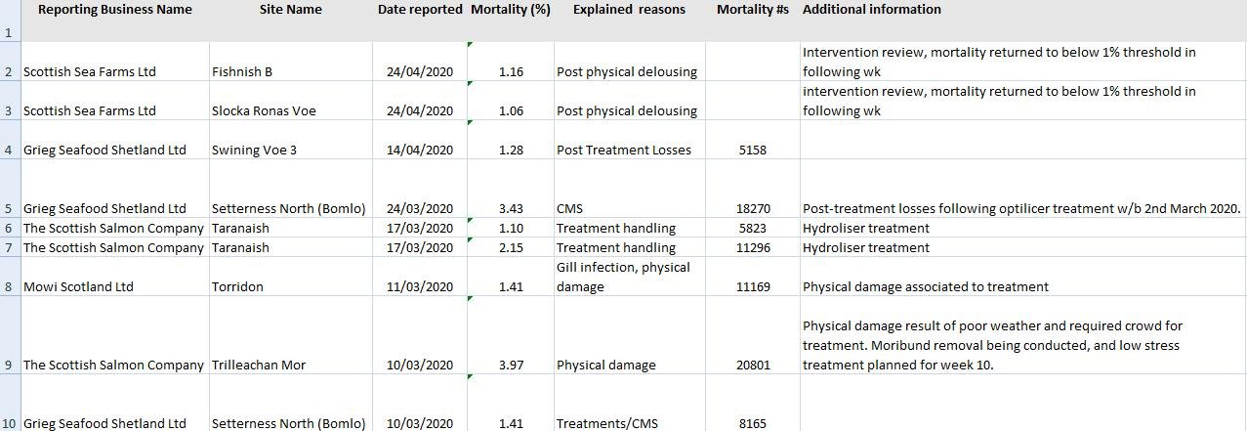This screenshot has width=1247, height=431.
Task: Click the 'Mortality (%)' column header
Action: coord(510,10)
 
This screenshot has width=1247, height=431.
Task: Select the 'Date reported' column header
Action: coord(420,10)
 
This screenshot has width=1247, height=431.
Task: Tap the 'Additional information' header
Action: coord(871,10)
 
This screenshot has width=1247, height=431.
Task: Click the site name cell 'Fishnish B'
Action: coord(242,72)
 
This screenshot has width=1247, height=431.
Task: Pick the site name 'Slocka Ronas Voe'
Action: coord(264,111)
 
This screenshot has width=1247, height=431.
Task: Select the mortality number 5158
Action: coord(752,151)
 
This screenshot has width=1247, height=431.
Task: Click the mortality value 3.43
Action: coord(511,209)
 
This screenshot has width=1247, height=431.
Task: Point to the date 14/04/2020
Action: coord(420,151)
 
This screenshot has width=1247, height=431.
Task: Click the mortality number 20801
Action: coord(752,366)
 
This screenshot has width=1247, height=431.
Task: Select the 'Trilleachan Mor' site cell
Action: coord(259,366)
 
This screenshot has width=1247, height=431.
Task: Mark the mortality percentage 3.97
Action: coord(511,366)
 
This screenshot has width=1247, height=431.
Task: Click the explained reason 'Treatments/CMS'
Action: coord(606,424)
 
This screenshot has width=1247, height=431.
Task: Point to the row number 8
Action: coord(9,287)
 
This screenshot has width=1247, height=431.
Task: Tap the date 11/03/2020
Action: coord(420,287)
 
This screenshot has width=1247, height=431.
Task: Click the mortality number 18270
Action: coord(752,209)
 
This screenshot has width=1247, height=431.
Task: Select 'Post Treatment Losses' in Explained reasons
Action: coord(623,151)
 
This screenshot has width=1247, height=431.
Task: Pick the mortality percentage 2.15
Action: coord(511,248)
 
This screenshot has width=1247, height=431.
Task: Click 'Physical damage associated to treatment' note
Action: coord(925,287)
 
